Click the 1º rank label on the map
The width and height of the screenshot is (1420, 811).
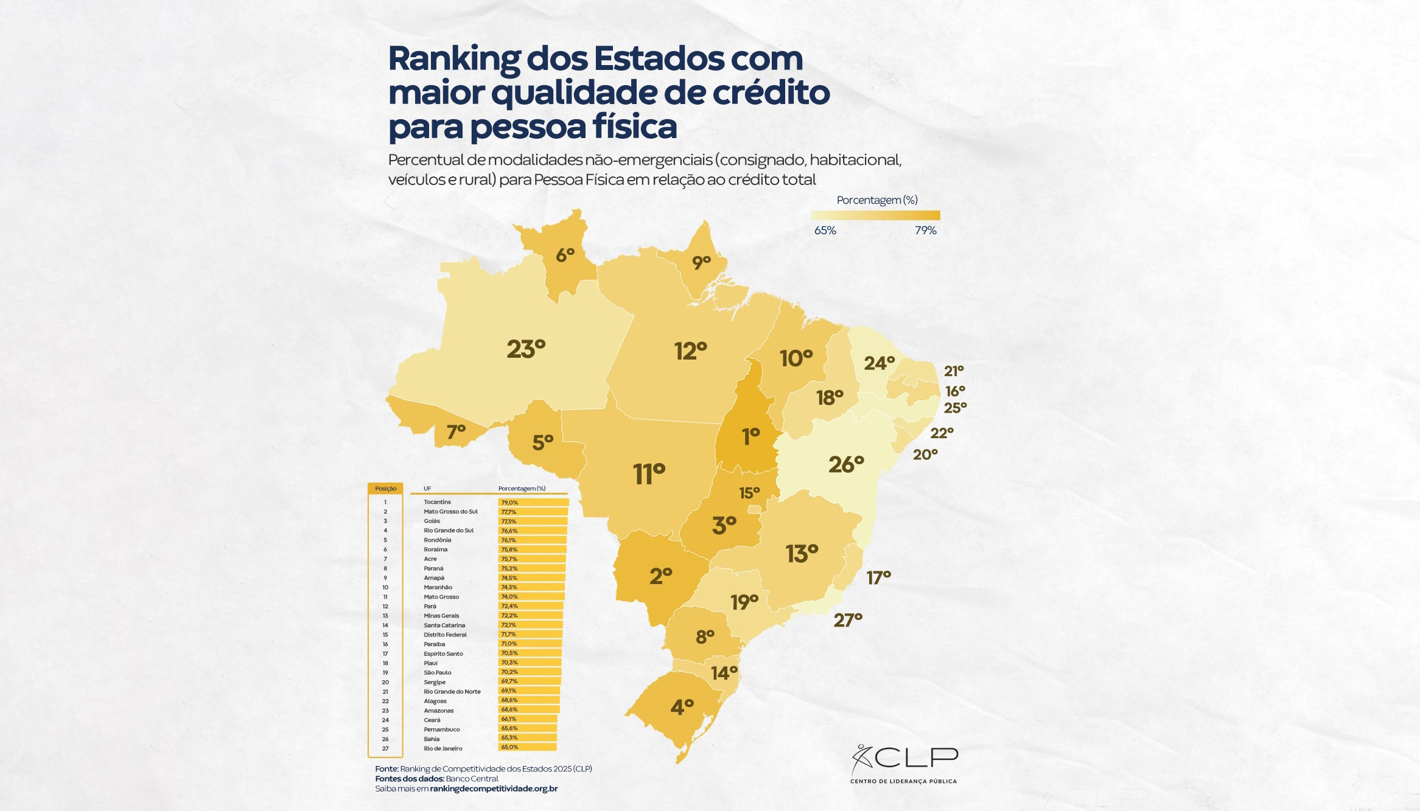(750, 436)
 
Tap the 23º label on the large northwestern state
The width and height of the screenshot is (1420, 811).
(526, 349)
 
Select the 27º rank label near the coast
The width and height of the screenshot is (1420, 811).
(848, 620)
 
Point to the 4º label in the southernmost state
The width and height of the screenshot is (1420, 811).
(682, 707)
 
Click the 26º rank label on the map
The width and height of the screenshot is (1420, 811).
(846, 465)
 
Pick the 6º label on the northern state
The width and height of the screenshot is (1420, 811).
(565, 256)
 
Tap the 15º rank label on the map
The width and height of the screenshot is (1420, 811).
(749, 492)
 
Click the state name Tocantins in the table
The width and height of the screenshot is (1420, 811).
(437, 502)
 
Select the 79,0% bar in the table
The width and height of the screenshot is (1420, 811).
(533, 503)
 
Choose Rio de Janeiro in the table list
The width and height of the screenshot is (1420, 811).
(443, 748)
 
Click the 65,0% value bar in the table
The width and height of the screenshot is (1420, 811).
(527, 747)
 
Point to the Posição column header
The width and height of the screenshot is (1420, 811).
(385, 489)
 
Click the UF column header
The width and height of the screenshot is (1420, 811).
(427, 489)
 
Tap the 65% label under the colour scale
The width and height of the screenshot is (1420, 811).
(825, 231)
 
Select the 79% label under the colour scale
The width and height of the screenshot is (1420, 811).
(925, 231)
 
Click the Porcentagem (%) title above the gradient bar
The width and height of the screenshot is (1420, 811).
(876, 200)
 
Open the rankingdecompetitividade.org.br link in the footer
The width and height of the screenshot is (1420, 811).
(494, 788)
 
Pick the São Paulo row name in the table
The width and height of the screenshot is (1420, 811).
(438, 672)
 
